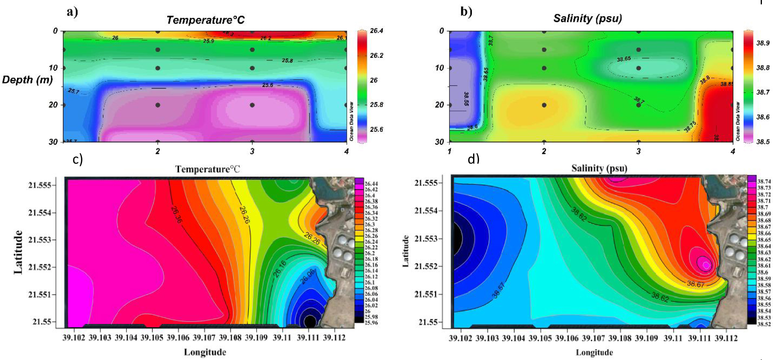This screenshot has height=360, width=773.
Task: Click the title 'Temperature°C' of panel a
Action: pyautogui.click(x=205, y=20)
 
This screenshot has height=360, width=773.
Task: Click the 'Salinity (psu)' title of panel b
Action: pyautogui.click(x=588, y=18)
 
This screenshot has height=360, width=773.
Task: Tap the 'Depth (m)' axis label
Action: pyautogui.click(x=27, y=80)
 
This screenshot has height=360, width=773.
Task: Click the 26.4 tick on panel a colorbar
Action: pyautogui.click(x=376, y=31)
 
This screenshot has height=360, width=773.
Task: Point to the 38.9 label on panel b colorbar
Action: pyautogui.click(x=763, y=43)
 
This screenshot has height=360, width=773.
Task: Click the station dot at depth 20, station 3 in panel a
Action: pyautogui.click(x=252, y=105)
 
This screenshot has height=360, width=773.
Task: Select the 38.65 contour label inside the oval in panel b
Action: pyautogui.click(x=624, y=59)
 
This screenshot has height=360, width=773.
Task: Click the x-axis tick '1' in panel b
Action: pyautogui.click(x=449, y=151)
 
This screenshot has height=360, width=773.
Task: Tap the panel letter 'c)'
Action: pyautogui.click(x=78, y=159)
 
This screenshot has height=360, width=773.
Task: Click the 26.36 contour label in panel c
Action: pyautogui.click(x=177, y=215)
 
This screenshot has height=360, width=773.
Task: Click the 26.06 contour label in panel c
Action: pyautogui.click(x=307, y=276)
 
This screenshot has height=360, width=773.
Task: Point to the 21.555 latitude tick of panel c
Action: pyautogui.click(x=40, y=185)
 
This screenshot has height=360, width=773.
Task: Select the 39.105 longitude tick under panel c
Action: pyautogui.click(x=152, y=337)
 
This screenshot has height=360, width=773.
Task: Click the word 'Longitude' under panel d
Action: pyautogui.click(x=594, y=352)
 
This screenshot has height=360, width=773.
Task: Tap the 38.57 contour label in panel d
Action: pyautogui.click(x=498, y=290)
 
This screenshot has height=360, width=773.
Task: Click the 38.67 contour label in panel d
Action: pyautogui.click(x=696, y=284)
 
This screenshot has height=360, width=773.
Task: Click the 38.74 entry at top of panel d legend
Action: pyautogui.click(x=764, y=181)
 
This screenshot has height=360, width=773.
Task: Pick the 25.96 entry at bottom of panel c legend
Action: pyautogui.click(x=371, y=323)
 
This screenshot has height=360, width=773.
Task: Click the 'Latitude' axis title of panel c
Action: pyautogui.click(x=18, y=252)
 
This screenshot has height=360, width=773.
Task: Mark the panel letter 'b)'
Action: pyautogui.click(x=466, y=11)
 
